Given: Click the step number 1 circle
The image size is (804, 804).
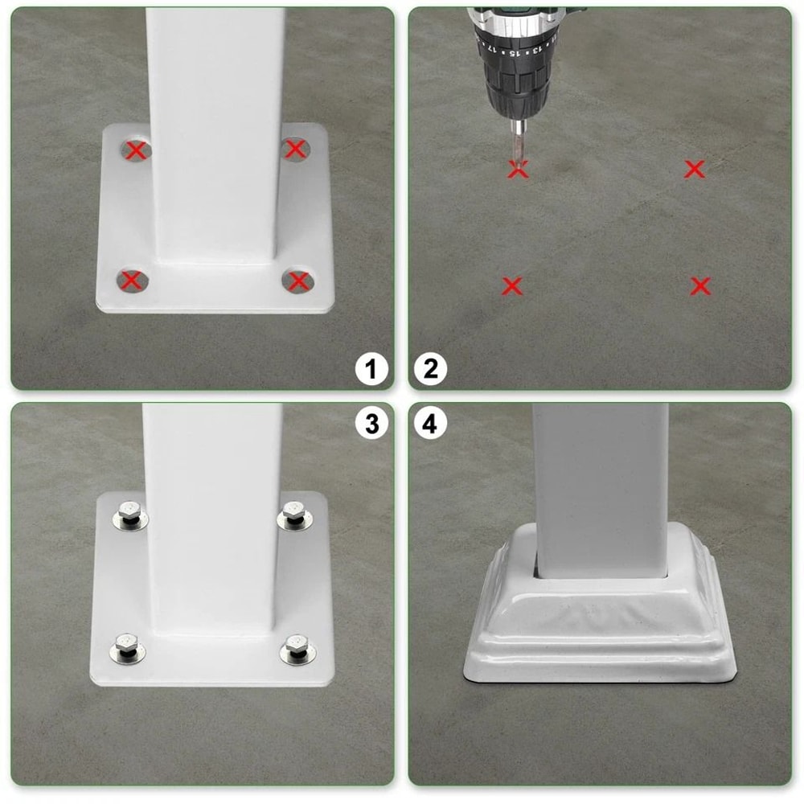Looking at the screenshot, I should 371,369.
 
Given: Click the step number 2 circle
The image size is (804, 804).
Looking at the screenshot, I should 430,369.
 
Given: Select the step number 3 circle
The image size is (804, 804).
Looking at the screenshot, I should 371,424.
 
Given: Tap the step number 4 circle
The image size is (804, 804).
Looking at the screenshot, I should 430,424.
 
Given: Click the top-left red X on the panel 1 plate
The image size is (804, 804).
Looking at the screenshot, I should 137,150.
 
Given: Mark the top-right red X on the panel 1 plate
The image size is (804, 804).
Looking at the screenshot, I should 296,149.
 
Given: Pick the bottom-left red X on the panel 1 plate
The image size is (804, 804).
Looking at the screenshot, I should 132,281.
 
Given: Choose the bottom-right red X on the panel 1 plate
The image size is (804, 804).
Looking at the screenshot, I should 298,281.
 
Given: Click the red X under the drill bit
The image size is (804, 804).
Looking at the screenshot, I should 519,170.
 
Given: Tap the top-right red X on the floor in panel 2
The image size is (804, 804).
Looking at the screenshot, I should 695,169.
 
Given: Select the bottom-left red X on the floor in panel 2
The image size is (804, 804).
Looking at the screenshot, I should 512,285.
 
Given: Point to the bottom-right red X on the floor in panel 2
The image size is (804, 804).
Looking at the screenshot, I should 700,285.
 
